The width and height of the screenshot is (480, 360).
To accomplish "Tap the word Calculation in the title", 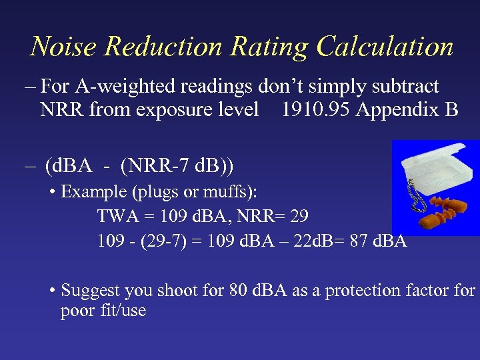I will pyautogui.click(x=385, y=47).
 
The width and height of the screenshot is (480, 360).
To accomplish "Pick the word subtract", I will pyautogui.click(x=405, y=87).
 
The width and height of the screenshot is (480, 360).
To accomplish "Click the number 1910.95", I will pyautogui.click(x=315, y=109).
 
